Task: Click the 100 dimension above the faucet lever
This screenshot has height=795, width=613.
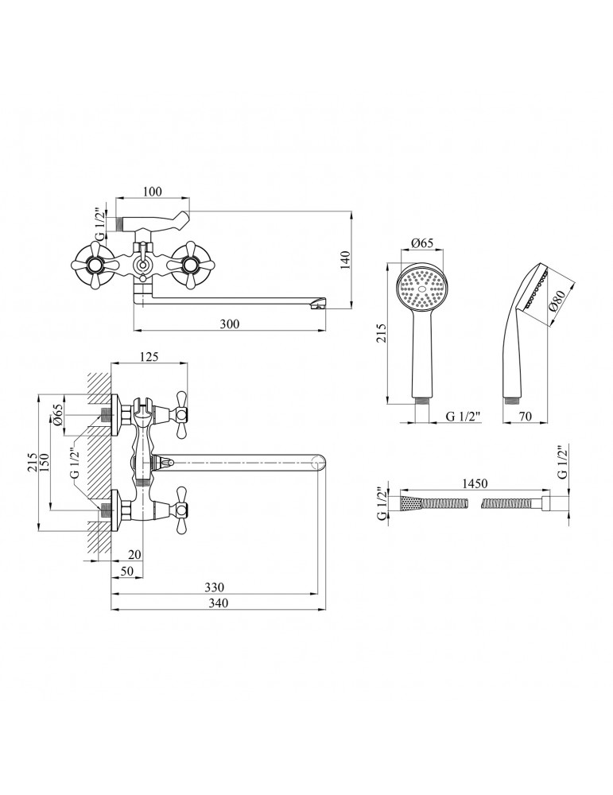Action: (153, 191)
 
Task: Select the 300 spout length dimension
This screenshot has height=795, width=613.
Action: (230, 323)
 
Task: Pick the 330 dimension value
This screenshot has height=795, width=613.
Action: (213, 588)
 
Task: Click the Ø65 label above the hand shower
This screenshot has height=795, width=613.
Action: (421, 244)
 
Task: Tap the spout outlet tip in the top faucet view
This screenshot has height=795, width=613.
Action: (320, 304)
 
